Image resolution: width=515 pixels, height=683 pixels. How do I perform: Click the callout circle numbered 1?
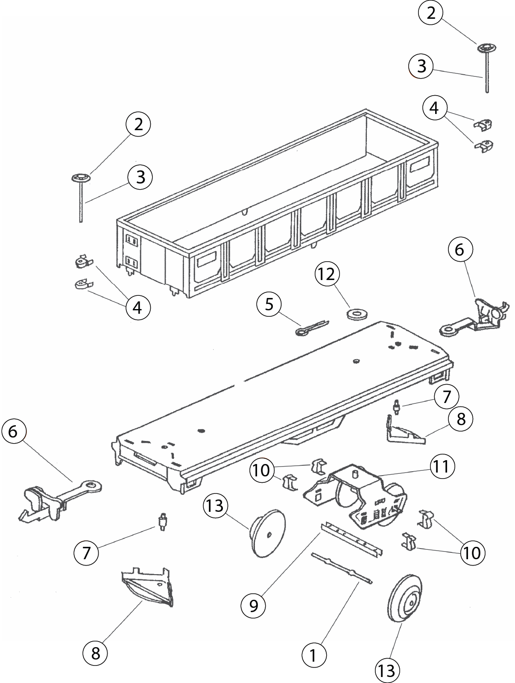click(313, 654)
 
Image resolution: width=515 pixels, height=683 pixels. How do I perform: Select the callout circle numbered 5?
click(269, 304)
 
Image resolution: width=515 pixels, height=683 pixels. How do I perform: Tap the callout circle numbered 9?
click(254, 605)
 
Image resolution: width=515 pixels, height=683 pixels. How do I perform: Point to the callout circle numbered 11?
click(441, 467)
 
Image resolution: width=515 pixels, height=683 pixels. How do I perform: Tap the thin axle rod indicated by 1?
click(342, 568)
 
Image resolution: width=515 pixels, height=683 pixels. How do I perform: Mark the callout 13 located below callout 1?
click(387, 671)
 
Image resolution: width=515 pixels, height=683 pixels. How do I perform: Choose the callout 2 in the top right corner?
click(431, 13)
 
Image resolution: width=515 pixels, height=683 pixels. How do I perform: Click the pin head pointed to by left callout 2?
click(81, 178)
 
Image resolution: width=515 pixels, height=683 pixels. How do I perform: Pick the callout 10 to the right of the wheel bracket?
click(472, 553)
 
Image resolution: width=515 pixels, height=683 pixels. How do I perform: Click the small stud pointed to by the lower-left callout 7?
click(162, 522)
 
